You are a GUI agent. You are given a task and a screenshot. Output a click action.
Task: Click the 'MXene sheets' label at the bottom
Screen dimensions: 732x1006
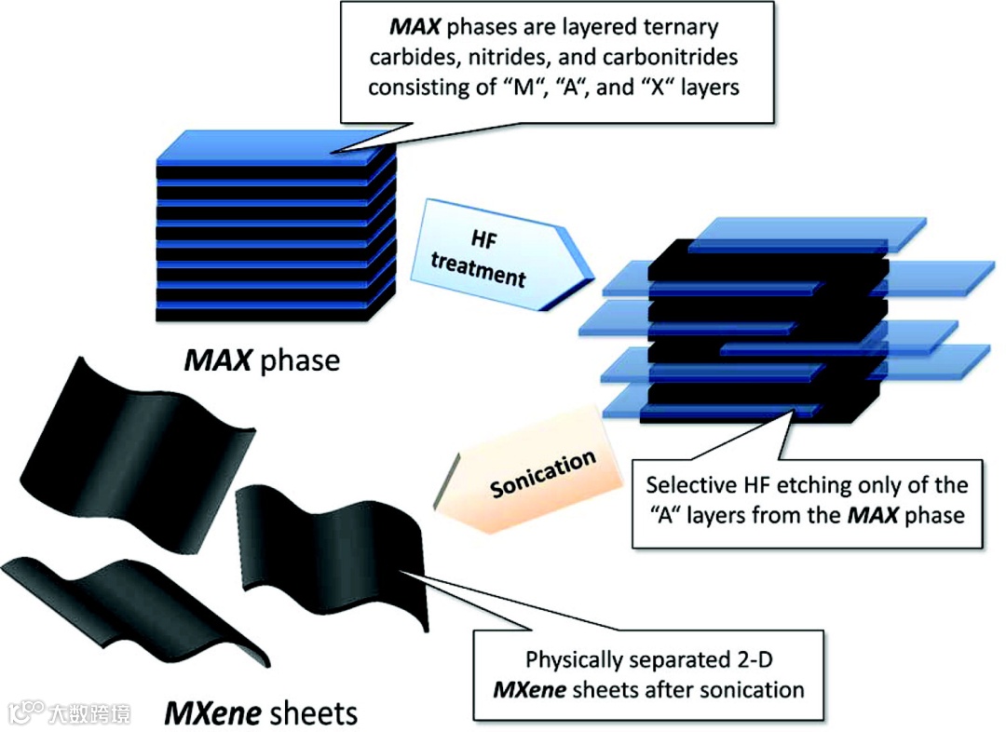(261, 712)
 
